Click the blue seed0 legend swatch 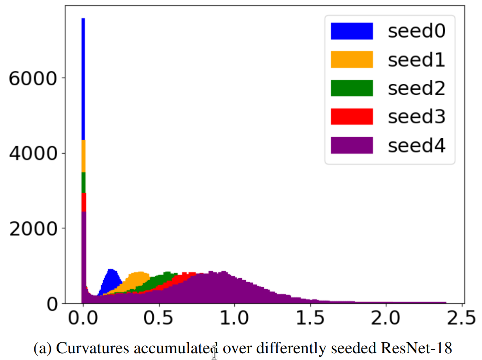coord(352,31)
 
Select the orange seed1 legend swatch coord(352,60)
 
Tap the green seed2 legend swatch coord(352,88)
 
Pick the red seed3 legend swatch coord(352,117)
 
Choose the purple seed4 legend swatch coord(352,145)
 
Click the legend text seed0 coord(416,31)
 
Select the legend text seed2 coord(416,88)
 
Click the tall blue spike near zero coord(83,79)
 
